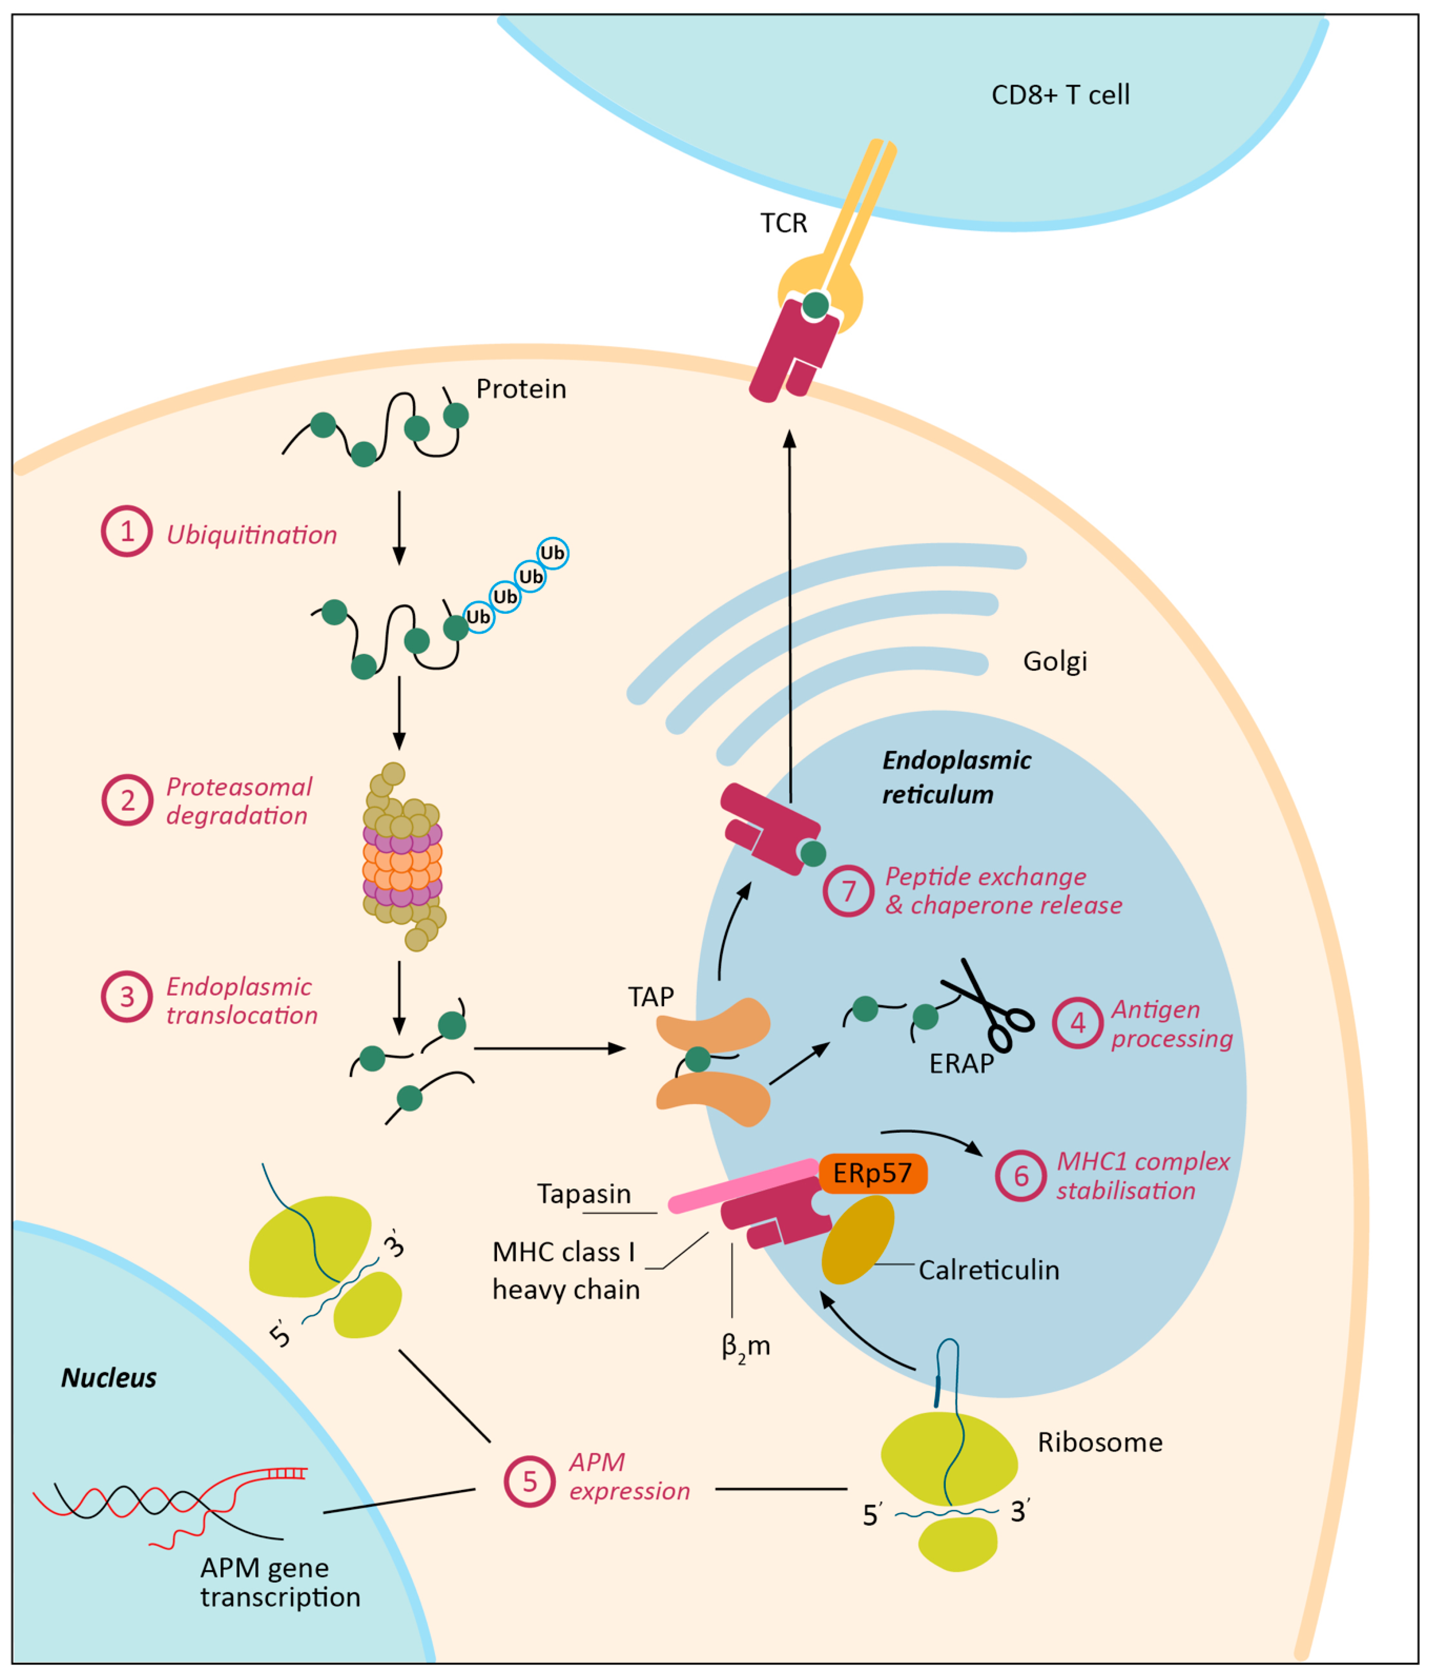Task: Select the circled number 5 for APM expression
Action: point(529,1481)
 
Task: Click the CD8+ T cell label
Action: point(1060,95)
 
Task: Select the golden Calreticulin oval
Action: point(857,1240)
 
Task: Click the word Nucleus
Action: point(109,1378)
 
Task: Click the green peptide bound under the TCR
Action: point(815,305)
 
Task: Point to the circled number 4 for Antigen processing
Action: point(1077,1023)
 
